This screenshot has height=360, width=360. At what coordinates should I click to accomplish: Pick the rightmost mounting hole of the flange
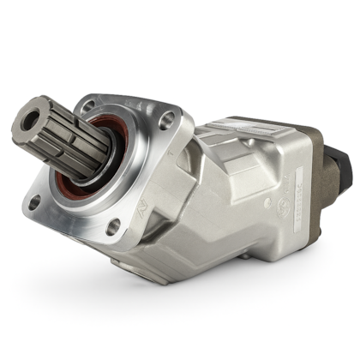click(166, 120)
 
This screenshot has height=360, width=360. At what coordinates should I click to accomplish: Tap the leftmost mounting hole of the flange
click(33, 203)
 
